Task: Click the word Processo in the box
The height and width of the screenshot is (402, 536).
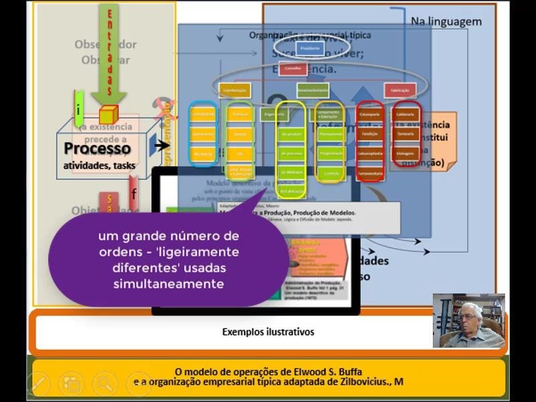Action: (97, 148)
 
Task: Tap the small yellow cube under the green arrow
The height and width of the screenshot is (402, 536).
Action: (108, 115)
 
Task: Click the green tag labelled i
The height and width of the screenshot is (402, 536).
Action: (79, 107)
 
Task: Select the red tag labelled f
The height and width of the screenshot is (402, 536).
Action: (134, 194)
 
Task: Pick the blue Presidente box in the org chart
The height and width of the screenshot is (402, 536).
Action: (310, 48)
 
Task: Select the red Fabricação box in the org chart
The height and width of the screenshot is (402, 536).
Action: (400, 90)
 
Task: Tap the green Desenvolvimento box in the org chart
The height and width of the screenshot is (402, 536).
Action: (313, 89)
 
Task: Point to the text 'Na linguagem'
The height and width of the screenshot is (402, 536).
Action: (446, 21)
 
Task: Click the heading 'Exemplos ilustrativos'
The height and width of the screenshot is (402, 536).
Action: (268, 332)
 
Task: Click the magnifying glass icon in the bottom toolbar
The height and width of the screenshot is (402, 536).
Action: (105, 384)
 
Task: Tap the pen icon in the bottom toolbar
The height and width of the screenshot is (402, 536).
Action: (38, 384)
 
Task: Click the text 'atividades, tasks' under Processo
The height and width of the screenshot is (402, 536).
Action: (99, 165)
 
